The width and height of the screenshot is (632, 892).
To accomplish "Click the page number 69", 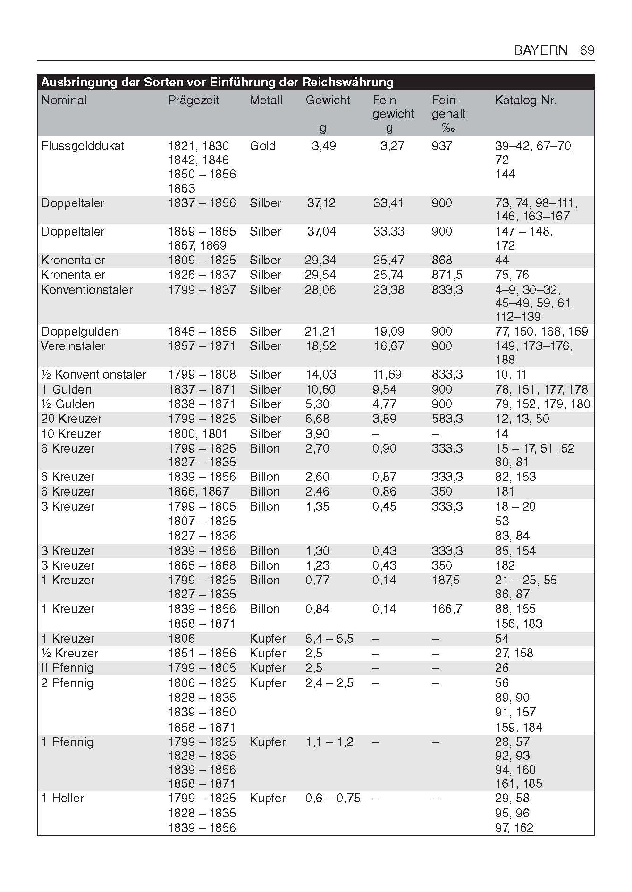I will (x=587, y=50).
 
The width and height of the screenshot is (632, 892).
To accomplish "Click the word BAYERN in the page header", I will (x=540, y=50).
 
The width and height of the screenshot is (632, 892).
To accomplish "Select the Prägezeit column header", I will (x=194, y=101).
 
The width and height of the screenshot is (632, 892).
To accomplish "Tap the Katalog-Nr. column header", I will (x=525, y=101).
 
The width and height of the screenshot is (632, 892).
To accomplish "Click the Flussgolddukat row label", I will (x=83, y=146).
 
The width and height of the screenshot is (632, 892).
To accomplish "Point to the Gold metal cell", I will (x=262, y=146).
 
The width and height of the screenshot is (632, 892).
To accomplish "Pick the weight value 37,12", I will (x=321, y=203).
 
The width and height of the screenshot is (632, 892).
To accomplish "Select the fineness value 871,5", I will (x=447, y=275).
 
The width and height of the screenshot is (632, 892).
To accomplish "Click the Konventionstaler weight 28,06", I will (x=320, y=290).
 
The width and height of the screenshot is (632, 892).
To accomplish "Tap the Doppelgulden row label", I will (x=79, y=331).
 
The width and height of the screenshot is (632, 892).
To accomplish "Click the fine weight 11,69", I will (x=387, y=374).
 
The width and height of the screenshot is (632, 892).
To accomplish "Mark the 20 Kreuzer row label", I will (x=71, y=419).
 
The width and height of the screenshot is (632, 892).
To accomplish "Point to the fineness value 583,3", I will (x=447, y=419).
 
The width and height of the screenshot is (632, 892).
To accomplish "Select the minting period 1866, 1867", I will (x=198, y=491).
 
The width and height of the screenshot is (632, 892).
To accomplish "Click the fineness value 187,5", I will (x=445, y=580).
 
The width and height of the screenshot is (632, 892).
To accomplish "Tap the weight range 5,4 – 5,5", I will (x=329, y=639).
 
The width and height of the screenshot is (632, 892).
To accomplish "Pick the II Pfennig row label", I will (x=67, y=668).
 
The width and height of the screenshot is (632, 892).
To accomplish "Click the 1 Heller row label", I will (x=62, y=798).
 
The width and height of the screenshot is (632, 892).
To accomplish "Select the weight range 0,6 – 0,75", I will (x=332, y=798).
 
